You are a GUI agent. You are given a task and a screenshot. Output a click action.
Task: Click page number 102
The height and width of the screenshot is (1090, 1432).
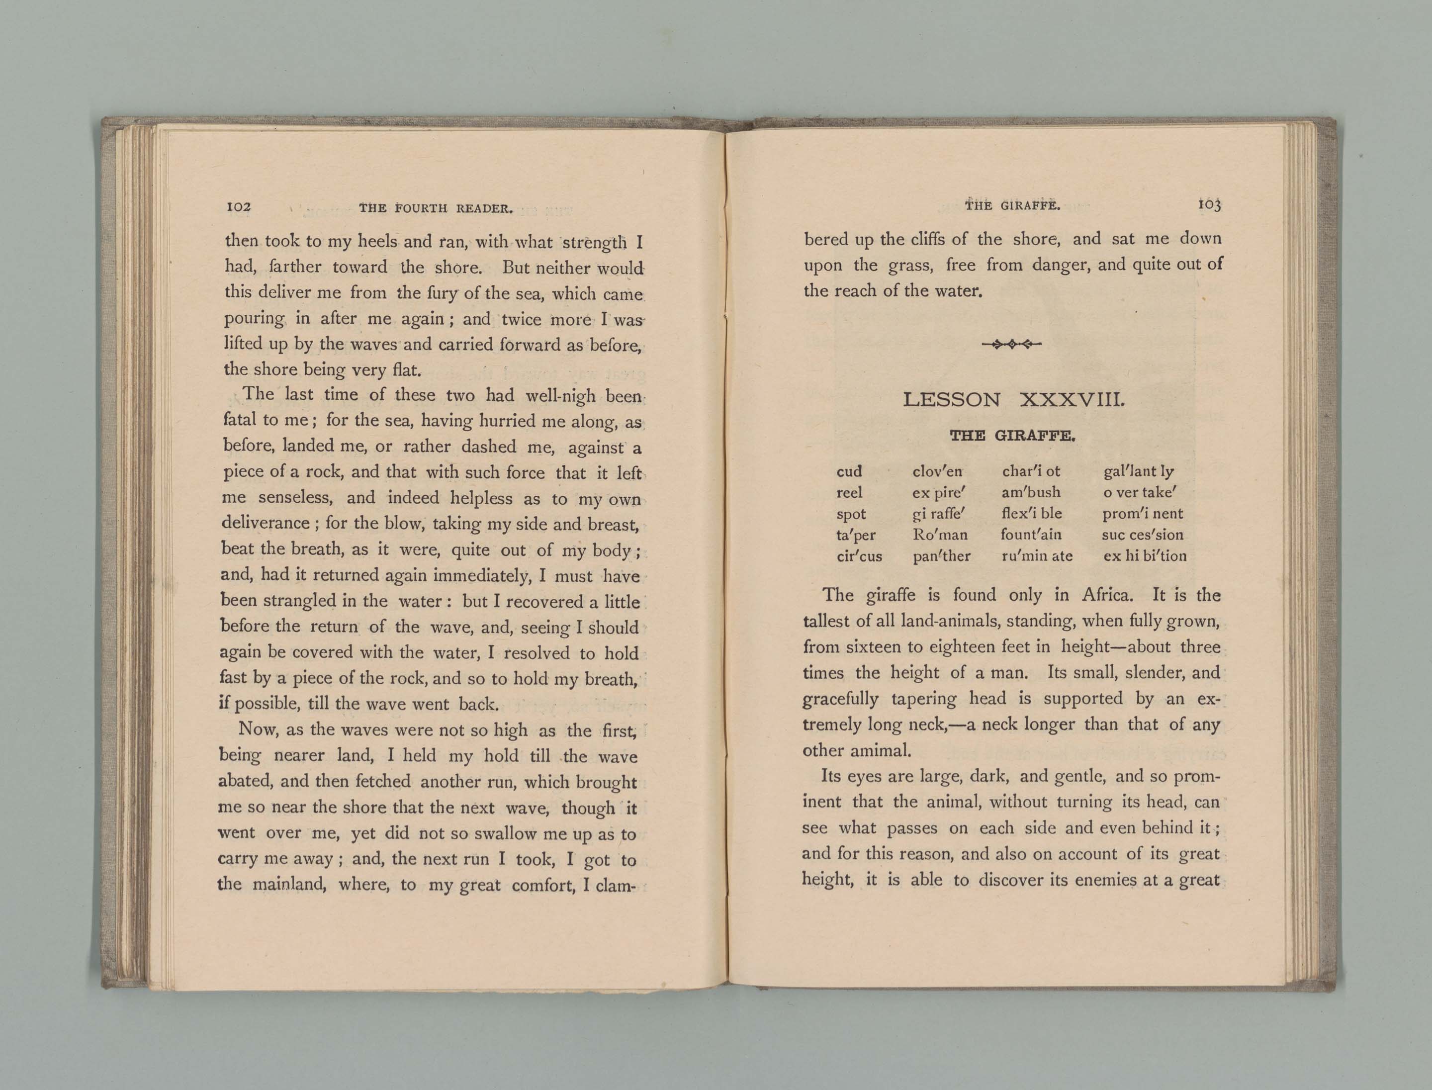click(x=238, y=207)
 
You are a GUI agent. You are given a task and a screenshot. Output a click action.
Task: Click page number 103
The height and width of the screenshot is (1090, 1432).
click(x=1209, y=204)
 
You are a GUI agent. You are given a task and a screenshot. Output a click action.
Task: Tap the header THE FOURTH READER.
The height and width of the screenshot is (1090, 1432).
click(x=436, y=208)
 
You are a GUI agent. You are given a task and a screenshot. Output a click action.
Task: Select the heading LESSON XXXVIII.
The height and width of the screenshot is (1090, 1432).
click(x=1013, y=400)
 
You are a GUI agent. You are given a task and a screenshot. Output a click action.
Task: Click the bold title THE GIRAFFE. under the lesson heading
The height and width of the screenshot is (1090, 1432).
click(x=1013, y=436)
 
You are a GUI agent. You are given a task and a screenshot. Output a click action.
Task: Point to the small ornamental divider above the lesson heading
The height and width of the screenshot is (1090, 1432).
click(x=1012, y=345)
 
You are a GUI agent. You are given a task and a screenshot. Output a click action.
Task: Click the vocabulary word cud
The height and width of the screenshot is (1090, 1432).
click(x=849, y=471)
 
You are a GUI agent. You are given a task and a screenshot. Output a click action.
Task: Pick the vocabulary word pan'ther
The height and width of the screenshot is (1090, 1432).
click(x=941, y=556)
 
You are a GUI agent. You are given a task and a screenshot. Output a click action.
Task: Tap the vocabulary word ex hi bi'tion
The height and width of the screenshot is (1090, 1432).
click(x=1145, y=556)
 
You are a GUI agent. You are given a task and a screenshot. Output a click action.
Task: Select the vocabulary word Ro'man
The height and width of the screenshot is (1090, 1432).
click(x=940, y=535)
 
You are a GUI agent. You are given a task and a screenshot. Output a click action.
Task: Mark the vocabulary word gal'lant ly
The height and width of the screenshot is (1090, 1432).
click(x=1139, y=471)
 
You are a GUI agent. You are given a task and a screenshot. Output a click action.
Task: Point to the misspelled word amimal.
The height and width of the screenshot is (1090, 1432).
click(x=885, y=751)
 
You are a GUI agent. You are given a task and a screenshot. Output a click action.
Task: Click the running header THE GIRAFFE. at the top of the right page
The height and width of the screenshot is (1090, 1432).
click(x=1012, y=206)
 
